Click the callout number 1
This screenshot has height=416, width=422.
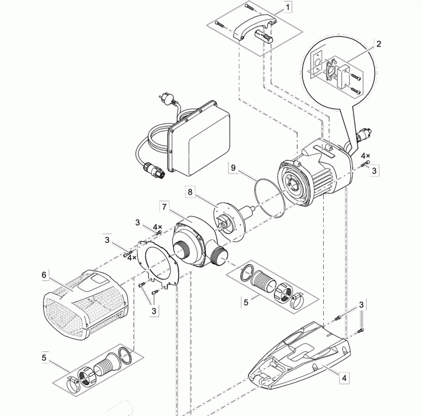pos(288,7)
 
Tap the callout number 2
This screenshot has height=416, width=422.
pos(379,44)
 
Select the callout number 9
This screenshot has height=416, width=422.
pos(233,168)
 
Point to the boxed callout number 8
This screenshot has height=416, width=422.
pos(190,192)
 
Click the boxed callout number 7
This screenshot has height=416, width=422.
pos(164,207)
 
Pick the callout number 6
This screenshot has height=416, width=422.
pos(44,275)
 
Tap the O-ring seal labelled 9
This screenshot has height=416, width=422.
pos(270,198)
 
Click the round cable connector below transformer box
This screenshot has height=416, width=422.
pos(155,170)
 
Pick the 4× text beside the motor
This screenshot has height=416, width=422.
pos(365,156)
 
